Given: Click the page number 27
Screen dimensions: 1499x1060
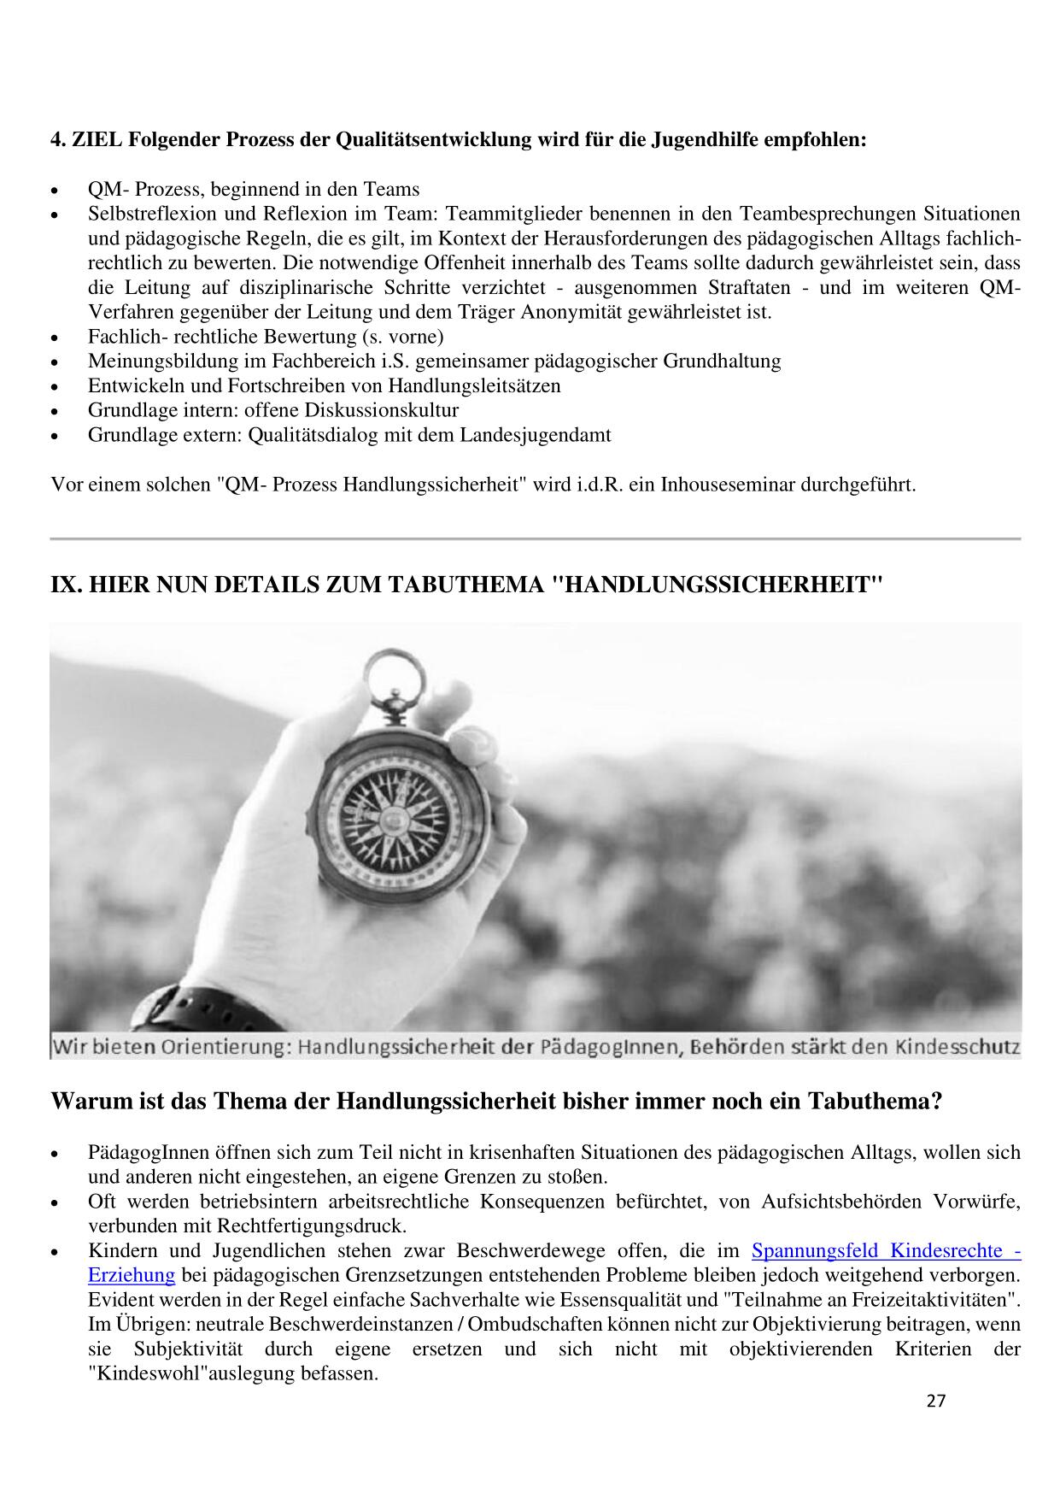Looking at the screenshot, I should click(935, 1425).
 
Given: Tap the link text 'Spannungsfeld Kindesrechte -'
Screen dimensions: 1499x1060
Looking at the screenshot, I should click(886, 1251).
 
